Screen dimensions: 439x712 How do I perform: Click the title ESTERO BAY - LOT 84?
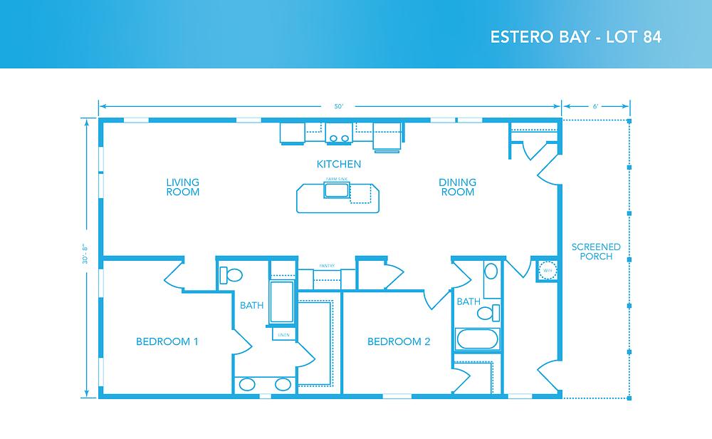pos(576,38)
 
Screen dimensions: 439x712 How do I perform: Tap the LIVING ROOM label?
pos(182,187)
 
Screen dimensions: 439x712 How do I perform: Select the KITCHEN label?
pos(339,165)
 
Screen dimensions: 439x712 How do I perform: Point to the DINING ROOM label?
pos(457,187)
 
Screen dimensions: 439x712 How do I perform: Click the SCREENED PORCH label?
pos(596,252)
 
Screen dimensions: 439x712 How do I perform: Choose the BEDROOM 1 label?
pos(167,342)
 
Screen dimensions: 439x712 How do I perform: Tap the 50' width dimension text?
pos(339,107)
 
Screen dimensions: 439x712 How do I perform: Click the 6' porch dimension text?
pos(595,107)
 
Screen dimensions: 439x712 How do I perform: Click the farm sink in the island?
pos(335,190)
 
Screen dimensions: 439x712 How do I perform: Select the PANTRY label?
pos(327,265)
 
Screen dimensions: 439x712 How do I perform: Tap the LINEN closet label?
pos(283,334)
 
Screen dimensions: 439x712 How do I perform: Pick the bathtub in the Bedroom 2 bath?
pos(478,339)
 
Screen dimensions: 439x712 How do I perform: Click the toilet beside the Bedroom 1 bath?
pos(231,274)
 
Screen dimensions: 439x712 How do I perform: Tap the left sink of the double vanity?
pos(247,385)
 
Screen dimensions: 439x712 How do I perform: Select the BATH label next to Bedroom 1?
pos(251,306)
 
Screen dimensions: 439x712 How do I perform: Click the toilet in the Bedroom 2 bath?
pos(488,312)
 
